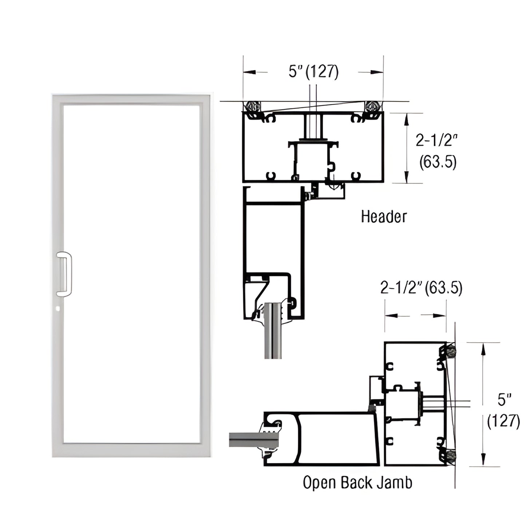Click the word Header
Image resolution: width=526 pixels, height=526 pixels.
pos(384,217)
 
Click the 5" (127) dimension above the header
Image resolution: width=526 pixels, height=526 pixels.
pos(313,72)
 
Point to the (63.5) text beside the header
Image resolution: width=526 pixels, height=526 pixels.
pos(438,162)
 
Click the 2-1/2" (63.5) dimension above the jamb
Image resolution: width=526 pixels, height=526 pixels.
pos(421,288)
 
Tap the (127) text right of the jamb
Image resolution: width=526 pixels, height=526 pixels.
pos(503,422)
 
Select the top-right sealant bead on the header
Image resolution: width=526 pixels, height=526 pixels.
pos(373,106)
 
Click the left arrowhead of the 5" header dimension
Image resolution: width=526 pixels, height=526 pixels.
pos(247,72)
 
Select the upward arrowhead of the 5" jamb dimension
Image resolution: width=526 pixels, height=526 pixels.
pos(483,348)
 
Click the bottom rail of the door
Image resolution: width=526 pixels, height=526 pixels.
pos(131,450)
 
